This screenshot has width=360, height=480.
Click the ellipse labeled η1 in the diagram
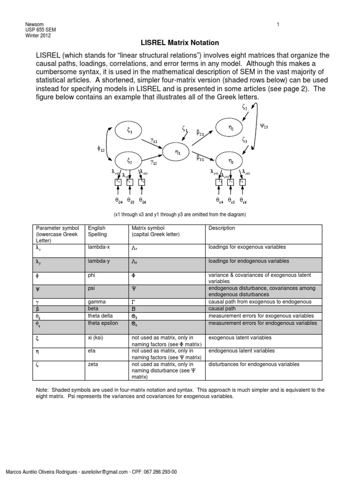tap(177, 152)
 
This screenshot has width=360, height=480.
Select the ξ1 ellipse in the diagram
tap(129, 132)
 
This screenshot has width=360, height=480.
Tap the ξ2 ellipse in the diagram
tap(129, 160)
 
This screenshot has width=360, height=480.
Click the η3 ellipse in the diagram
tap(231, 160)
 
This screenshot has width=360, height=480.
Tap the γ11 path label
tap(155, 140)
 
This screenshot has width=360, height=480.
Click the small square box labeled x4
tap(119, 181)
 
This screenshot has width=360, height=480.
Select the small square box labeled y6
tap(242, 181)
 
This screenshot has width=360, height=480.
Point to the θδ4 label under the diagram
tap(120, 200)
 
